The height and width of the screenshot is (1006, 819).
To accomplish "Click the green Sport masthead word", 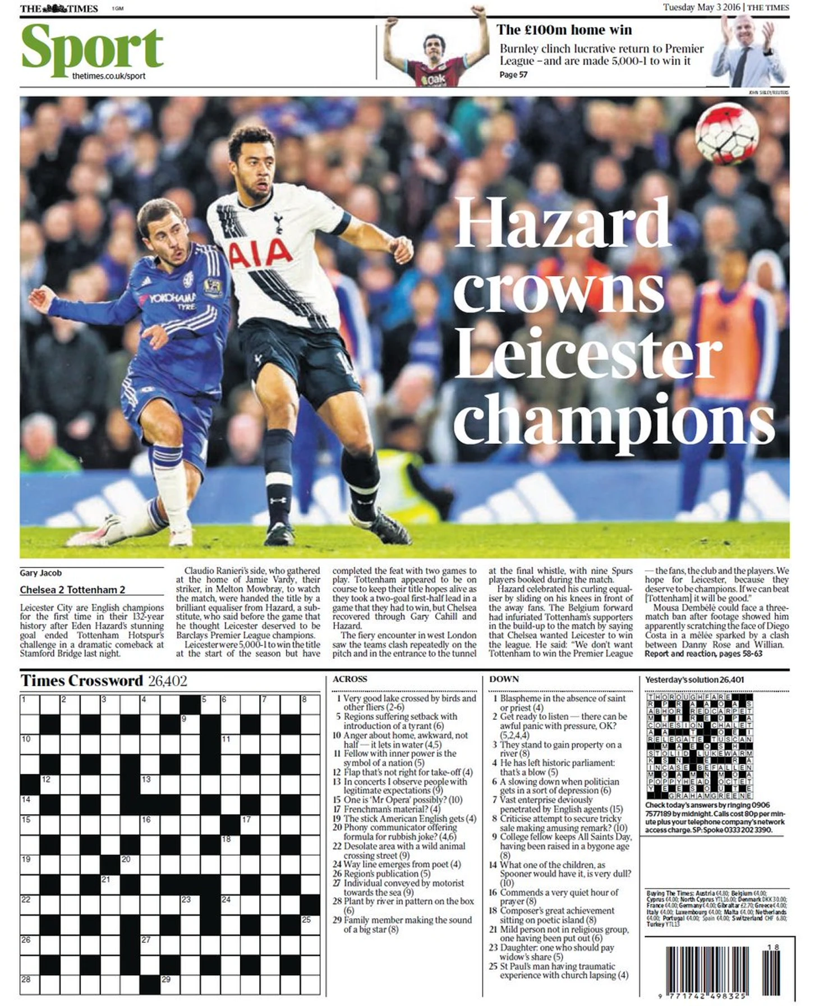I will point(93,49).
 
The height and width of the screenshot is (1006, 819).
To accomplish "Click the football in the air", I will point(726,134).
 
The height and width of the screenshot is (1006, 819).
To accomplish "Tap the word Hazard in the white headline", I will point(562,223).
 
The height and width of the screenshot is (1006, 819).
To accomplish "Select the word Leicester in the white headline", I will point(588,352).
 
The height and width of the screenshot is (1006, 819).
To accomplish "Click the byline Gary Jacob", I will point(40,573).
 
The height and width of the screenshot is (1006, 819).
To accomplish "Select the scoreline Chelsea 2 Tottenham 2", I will point(72,590).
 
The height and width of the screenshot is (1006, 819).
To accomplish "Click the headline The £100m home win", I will point(564,30).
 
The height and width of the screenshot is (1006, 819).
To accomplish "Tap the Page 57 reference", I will point(513,75).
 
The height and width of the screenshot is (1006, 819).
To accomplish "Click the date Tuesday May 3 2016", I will point(701,7).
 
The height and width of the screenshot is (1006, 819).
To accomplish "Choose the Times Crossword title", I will point(82,681).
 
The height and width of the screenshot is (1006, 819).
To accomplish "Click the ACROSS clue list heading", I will point(349,679).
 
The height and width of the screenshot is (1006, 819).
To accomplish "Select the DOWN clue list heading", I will point(504,679).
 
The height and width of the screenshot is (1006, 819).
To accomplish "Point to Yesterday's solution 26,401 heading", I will point(694,679).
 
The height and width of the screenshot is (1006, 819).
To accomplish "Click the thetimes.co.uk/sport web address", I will point(108,76).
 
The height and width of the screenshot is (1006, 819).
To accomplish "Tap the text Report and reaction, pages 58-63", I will point(703,654).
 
